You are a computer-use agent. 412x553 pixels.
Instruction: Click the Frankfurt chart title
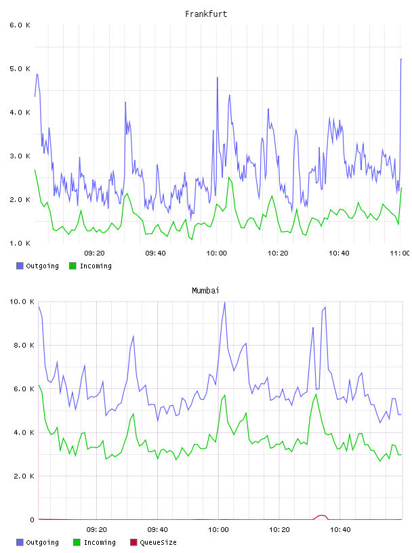point(206,14)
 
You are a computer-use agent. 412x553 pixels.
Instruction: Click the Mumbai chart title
point(205,291)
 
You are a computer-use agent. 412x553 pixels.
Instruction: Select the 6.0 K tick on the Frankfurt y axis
point(20,25)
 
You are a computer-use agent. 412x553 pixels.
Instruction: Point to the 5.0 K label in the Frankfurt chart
point(20,68)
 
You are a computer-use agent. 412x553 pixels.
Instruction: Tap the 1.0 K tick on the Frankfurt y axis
point(20,243)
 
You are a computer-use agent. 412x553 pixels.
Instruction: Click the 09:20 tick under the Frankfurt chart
point(94,253)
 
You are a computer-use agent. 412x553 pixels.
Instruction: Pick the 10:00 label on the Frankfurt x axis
point(217,253)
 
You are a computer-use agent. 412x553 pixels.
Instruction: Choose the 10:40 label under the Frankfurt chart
point(339,253)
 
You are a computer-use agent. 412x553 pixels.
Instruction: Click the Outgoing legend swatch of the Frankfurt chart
point(20,266)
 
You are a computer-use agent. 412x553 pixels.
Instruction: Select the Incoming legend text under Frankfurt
point(96,266)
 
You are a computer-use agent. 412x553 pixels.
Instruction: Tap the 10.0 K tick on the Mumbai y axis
point(22,302)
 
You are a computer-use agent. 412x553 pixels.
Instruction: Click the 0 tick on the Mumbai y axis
point(32,520)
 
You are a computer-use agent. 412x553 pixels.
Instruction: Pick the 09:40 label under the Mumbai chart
point(157,530)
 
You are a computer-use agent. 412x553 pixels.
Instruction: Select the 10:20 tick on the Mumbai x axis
point(279,530)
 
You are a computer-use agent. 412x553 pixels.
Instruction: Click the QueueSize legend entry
point(153,542)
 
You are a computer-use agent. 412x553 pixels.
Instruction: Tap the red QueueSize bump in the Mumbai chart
point(321,516)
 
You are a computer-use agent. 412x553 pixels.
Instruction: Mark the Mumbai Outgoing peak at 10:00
point(225,302)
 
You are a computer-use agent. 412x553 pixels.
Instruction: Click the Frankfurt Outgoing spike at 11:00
point(401,59)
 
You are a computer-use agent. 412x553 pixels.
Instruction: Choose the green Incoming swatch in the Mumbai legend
point(77,542)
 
